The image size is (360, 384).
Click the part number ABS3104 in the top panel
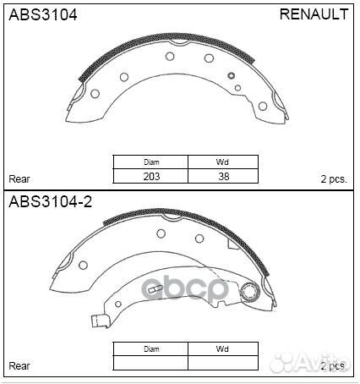42,15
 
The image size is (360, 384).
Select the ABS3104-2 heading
49,202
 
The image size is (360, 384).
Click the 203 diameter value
152,177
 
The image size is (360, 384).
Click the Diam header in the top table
152,162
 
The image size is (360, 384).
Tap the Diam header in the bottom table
152,348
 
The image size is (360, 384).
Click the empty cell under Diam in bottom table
152,363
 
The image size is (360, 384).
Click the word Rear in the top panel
19,179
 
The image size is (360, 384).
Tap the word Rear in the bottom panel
19,365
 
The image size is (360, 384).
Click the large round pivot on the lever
249,293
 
